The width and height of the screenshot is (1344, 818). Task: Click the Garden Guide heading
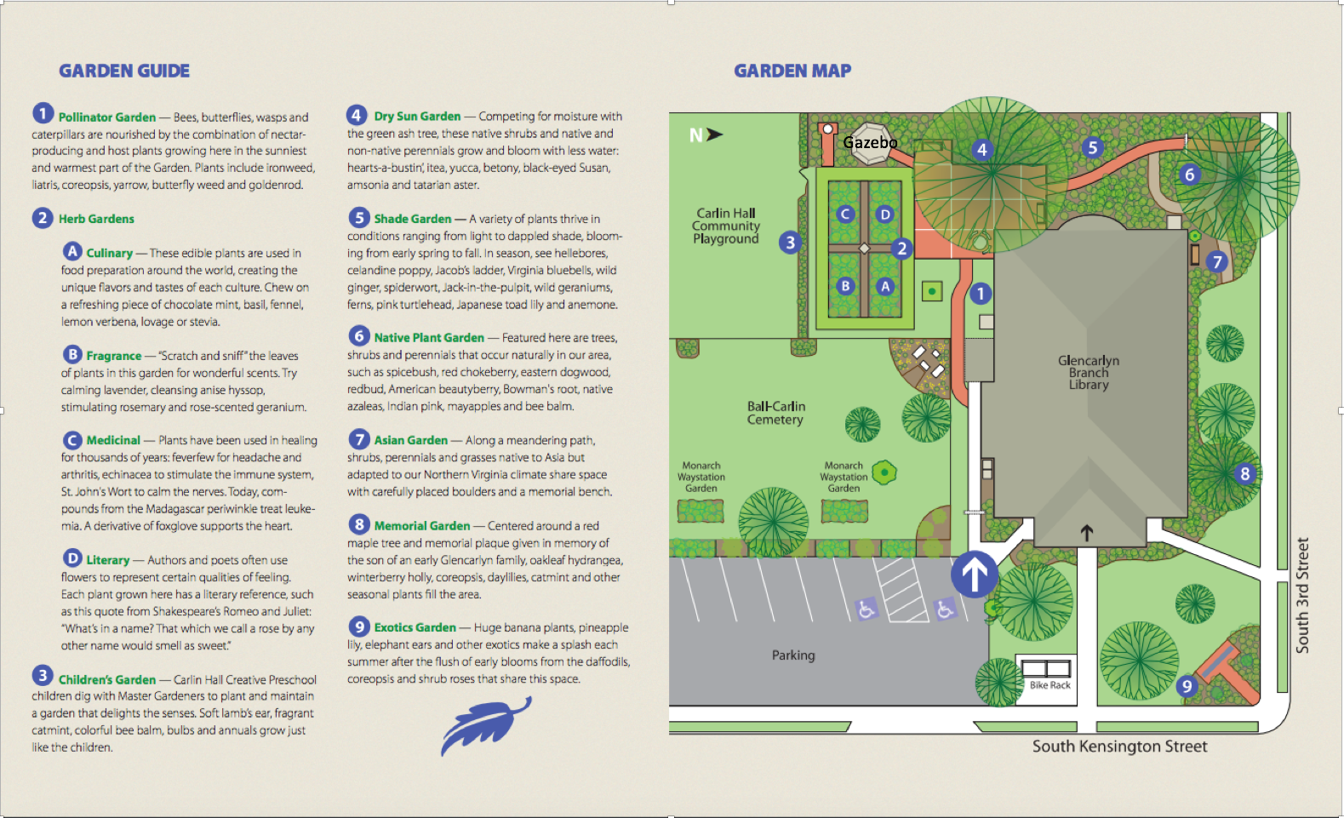click(x=124, y=72)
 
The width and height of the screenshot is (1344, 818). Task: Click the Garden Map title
click(x=792, y=72)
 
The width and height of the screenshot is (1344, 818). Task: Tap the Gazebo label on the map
click(x=870, y=142)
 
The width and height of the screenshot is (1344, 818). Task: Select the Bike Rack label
click(x=1049, y=685)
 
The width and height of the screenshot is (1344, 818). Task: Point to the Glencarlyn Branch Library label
click(x=1089, y=373)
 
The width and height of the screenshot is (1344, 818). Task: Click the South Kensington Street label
click(x=1119, y=746)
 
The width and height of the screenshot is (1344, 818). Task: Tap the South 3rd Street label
click(x=1302, y=595)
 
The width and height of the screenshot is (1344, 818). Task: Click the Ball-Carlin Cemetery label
click(x=775, y=413)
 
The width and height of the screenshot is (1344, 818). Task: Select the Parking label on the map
click(x=793, y=655)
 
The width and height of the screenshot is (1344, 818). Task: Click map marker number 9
click(x=1187, y=686)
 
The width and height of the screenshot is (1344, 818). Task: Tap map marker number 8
click(x=1244, y=474)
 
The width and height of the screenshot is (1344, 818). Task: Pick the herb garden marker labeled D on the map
click(x=885, y=215)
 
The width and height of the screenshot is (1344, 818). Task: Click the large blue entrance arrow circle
click(x=975, y=574)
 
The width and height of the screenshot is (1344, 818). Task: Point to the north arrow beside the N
click(x=714, y=134)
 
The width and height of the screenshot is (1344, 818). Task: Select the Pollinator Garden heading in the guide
click(x=107, y=117)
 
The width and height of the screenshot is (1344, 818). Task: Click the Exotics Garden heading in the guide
click(x=415, y=628)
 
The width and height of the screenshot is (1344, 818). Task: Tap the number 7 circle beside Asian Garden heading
click(x=359, y=439)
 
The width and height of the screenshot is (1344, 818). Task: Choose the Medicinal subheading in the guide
click(x=113, y=440)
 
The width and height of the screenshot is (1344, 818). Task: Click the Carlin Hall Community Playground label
click(x=725, y=226)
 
